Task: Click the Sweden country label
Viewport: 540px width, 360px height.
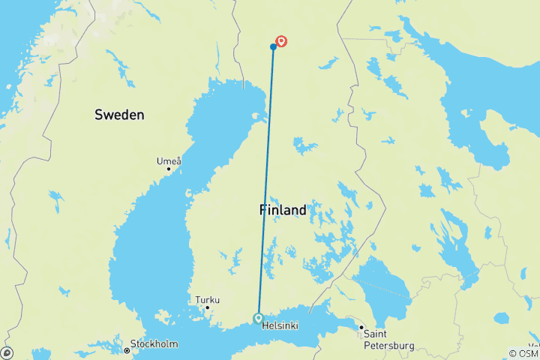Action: (119, 115)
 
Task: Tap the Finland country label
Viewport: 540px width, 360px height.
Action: (283, 210)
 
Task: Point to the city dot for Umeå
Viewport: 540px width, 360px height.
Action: (169, 169)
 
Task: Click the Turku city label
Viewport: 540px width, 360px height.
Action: (208, 300)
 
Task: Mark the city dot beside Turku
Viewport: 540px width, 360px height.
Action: (208, 307)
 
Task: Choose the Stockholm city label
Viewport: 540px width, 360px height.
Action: (154, 344)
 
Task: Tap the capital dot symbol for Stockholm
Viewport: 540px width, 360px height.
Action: (127, 351)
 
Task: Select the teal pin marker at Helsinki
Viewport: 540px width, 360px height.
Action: (258, 318)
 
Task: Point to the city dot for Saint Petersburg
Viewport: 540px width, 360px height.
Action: (361, 328)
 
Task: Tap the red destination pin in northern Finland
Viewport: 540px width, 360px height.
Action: (282, 42)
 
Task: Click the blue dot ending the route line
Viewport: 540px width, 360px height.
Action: (273, 47)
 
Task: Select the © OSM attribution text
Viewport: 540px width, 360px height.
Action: (523, 353)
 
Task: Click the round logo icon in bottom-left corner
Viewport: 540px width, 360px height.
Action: (7, 352)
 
